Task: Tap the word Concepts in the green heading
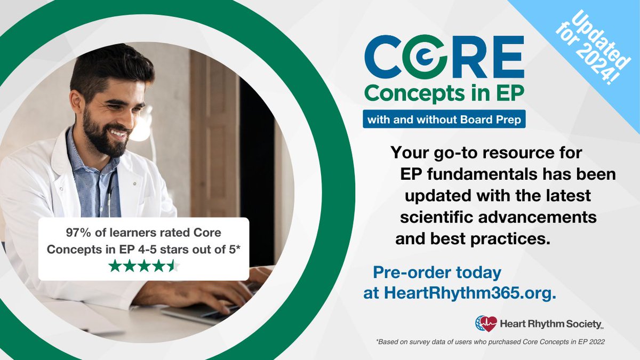tap(414, 93)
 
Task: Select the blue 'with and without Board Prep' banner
tap(444, 119)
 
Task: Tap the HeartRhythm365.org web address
tap(470, 293)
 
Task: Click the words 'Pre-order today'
tap(437, 273)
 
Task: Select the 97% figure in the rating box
tap(78, 233)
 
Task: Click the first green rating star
tap(115, 266)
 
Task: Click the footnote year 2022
tap(597, 342)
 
